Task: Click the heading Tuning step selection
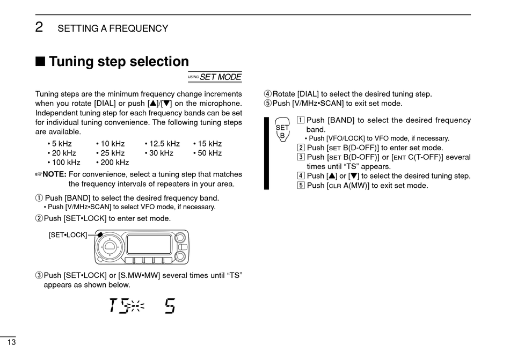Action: click(x=119, y=62)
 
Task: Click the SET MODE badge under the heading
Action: click(x=215, y=77)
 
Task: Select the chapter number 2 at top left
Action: click(x=39, y=27)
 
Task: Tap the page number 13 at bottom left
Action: click(x=11, y=342)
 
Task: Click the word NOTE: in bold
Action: click(x=54, y=174)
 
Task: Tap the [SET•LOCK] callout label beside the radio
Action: click(x=68, y=235)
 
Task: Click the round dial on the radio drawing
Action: click(x=110, y=246)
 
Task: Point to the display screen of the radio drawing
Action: click(x=149, y=245)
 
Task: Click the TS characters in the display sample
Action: click(x=119, y=306)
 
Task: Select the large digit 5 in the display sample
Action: click(x=169, y=306)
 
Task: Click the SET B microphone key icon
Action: click(x=282, y=129)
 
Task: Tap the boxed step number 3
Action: click(x=301, y=157)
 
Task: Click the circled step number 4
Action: click(x=268, y=94)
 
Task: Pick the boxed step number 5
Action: click(x=301, y=186)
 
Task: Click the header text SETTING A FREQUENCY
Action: click(x=113, y=28)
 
